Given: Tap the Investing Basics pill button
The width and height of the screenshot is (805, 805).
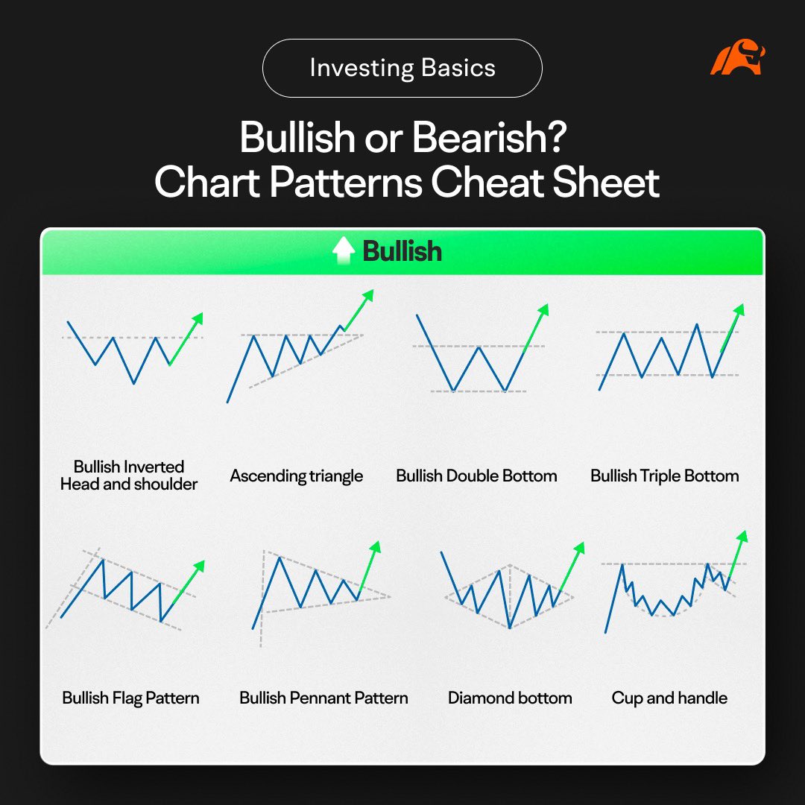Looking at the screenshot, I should pyautogui.click(x=402, y=69).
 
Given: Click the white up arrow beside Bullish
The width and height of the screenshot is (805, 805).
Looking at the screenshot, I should pyautogui.click(x=344, y=251).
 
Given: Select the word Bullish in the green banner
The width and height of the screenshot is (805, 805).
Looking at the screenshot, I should pyautogui.click(x=402, y=251).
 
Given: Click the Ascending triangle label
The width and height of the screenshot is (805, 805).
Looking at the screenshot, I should pyautogui.click(x=297, y=476).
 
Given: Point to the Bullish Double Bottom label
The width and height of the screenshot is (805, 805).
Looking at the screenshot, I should pyautogui.click(x=476, y=476).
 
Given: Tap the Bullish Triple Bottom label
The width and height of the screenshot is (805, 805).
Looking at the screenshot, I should pyautogui.click(x=664, y=476).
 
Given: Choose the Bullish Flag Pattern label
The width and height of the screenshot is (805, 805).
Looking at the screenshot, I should pyautogui.click(x=131, y=698).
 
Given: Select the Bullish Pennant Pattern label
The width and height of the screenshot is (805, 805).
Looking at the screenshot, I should pyautogui.click(x=323, y=698).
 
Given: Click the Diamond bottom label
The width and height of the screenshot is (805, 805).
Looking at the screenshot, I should pyautogui.click(x=510, y=698).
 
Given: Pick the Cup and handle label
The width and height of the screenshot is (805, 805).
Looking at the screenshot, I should pyautogui.click(x=669, y=698).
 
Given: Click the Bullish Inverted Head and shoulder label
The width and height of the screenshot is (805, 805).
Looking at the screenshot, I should pyautogui.click(x=129, y=476).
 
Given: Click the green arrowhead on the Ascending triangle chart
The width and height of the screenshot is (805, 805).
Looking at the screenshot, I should pyautogui.click(x=367, y=295).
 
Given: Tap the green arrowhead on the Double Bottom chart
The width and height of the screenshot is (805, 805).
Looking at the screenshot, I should pyautogui.click(x=543, y=309).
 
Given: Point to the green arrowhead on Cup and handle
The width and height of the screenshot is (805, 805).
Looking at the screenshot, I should pyautogui.click(x=742, y=536).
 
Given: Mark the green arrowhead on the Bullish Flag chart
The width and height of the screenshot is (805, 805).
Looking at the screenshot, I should pyautogui.click(x=198, y=566).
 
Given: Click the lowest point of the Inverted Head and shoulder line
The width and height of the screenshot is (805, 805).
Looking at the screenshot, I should pyautogui.click(x=134, y=383).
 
